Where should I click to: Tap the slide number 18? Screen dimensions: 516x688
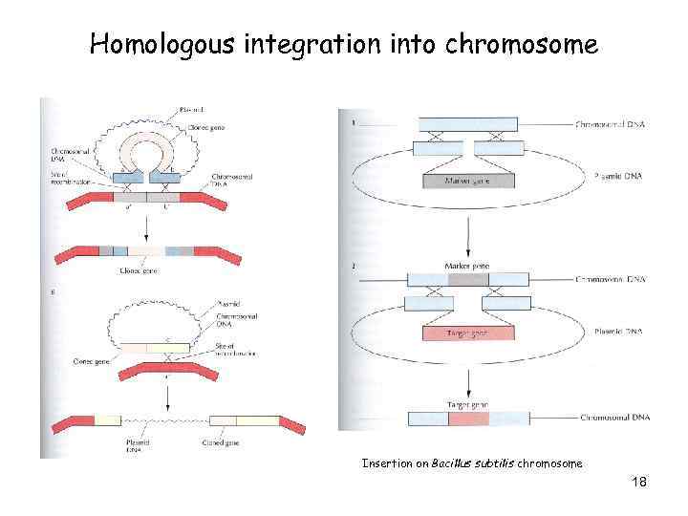pyautogui.click(x=639, y=482)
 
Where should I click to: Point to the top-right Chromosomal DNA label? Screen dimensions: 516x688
pyautogui.click(x=611, y=125)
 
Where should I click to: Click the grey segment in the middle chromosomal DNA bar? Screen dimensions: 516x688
pyautogui.click(x=467, y=279)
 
